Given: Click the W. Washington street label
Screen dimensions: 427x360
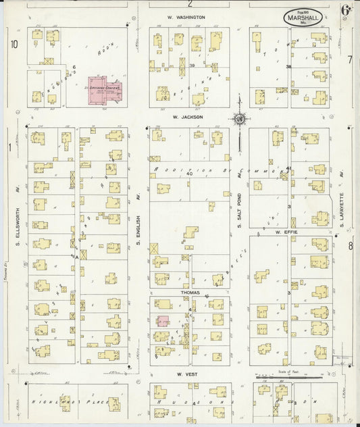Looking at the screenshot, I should (x=186, y=17).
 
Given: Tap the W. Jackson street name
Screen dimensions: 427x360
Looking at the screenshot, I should (x=187, y=117).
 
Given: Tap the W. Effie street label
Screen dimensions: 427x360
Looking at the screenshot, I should (x=286, y=231).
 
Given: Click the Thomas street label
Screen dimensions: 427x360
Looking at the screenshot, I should (x=190, y=293).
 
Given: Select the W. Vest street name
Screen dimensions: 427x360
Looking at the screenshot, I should (x=186, y=374).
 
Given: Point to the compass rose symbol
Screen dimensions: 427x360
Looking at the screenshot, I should (x=239, y=120).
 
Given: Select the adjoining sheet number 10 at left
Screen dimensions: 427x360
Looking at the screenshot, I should (x=14, y=45).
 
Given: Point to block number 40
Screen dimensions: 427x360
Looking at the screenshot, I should (x=190, y=174).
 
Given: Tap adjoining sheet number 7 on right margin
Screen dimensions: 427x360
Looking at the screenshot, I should (x=350, y=59).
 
